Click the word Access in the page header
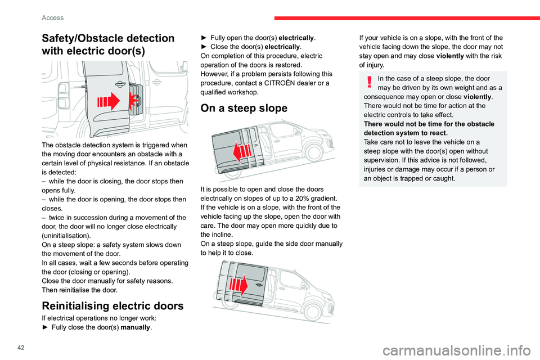tap(52, 17)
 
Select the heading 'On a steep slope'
tap(247, 109)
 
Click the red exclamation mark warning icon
tap(369, 82)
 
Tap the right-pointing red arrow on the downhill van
tap(240, 286)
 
